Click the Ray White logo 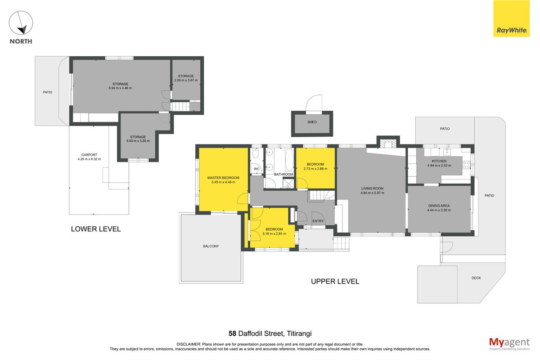tap(511, 18)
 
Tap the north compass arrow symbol tap(21, 22)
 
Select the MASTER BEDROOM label tap(223, 178)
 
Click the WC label tap(256, 169)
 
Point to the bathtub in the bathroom tap(289, 160)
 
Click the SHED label tap(312, 122)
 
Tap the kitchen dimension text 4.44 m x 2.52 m tap(439, 166)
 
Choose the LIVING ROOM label tap(372, 188)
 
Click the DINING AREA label tap(439, 206)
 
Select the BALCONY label tap(211, 246)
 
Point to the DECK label tap(476, 278)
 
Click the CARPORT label tap(89, 155)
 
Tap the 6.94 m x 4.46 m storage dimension tap(120, 88)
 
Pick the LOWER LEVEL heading tap(96, 229)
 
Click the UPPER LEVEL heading tap(335, 281)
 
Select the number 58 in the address tap(232, 333)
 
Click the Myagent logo tap(509, 344)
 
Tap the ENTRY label tap(318, 221)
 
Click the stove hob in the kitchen tap(467, 165)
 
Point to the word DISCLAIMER tap(189, 344)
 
